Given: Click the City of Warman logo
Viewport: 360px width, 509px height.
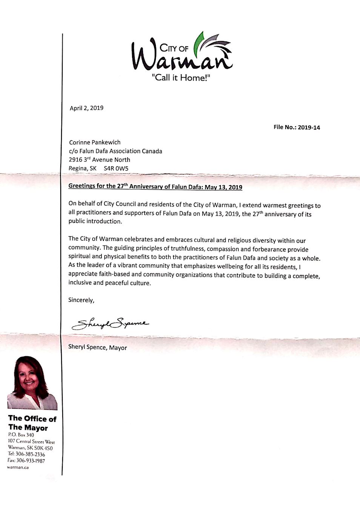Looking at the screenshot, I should (x=182, y=53).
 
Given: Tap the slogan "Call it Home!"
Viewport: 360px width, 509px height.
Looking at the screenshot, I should (x=180, y=78).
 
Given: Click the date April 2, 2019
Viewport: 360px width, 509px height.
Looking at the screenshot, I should (x=86, y=108).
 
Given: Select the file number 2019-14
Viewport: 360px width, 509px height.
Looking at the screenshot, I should (x=309, y=127).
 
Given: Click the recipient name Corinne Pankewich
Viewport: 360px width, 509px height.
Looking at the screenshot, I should (x=95, y=142).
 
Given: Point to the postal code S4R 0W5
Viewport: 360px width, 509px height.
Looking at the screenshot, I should (x=116, y=168).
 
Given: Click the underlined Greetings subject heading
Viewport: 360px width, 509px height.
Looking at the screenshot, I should (x=155, y=187).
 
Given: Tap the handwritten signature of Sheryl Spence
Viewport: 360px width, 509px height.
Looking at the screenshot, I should (x=110, y=323).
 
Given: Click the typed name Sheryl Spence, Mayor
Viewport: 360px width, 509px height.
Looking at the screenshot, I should (x=97, y=347).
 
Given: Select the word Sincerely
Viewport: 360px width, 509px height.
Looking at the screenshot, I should (x=81, y=300).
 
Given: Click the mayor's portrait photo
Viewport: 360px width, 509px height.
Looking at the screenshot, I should (x=32, y=383).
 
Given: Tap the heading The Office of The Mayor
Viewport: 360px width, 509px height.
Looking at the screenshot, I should (x=32, y=423).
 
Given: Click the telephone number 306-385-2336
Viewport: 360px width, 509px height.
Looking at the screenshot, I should (x=30, y=454).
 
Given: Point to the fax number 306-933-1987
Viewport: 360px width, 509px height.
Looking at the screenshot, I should (x=31, y=461).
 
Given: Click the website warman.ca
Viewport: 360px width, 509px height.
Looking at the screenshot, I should (x=18, y=468).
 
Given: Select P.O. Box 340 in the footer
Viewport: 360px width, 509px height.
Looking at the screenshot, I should (x=21, y=435).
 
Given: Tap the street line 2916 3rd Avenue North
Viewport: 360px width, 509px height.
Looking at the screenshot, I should (x=99, y=159).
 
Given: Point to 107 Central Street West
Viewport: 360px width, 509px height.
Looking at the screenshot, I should (x=31, y=442).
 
